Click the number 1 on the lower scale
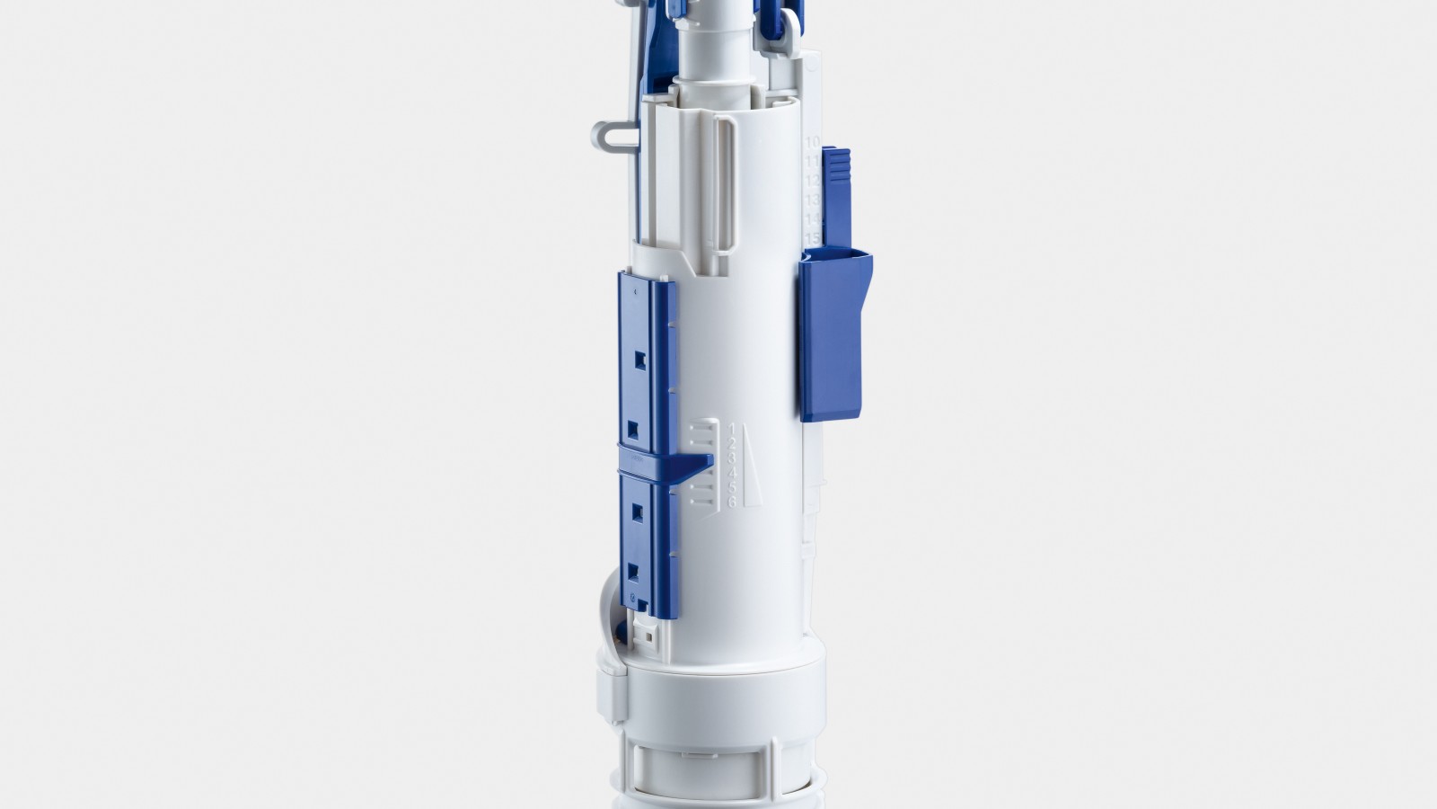[x=733, y=427]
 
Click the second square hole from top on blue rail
[x=638, y=425]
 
